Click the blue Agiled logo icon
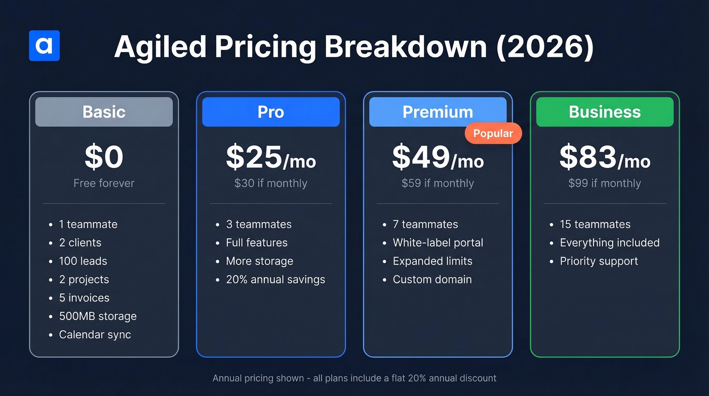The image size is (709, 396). tap(45, 46)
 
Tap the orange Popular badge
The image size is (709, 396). tap(493, 133)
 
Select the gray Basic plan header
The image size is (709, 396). tap(104, 112)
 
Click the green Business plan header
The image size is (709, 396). tap(605, 112)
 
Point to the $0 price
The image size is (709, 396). tap(104, 157)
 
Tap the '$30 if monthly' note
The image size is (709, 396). tap(270, 183)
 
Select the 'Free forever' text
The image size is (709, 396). tap(104, 183)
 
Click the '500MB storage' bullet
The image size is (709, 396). tap(97, 316)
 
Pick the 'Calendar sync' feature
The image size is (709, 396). tap(95, 335)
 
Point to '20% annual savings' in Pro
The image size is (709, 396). tap(275, 279)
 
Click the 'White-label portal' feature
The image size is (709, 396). tap(438, 243)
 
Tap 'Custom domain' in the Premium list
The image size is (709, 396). tap(432, 279)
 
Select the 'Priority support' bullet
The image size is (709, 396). tap(599, 261)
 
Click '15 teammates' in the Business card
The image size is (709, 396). tap(595, 225)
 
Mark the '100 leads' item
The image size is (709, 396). tap(83, 261)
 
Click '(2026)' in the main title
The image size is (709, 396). tap(544, 47)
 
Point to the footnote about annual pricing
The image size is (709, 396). tap(354, 378)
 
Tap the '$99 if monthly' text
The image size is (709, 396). tap(605, 183)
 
